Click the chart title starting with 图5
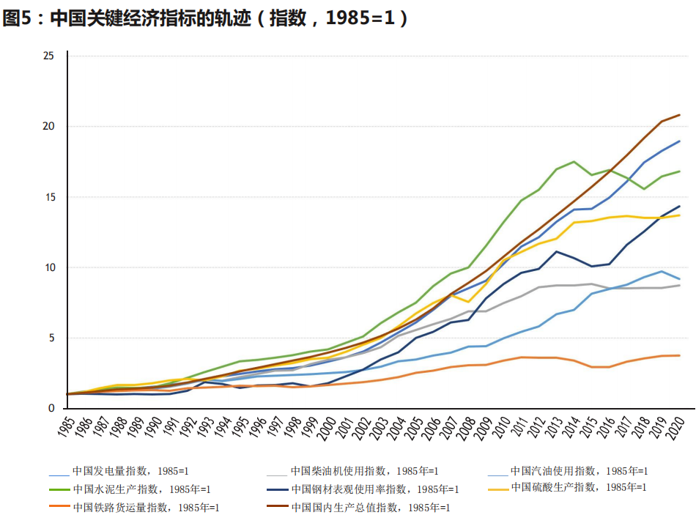point(205,18)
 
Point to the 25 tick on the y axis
point(49,56)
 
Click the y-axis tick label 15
point(49,197)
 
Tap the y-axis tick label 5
point(51,338)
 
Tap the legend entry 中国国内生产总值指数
point(370,507)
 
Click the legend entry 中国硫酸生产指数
point(578,487)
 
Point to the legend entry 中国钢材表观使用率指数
point(374,489)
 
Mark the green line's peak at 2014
point(574,161)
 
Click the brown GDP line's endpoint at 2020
point(679,115)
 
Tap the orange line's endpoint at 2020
point(679,355)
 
